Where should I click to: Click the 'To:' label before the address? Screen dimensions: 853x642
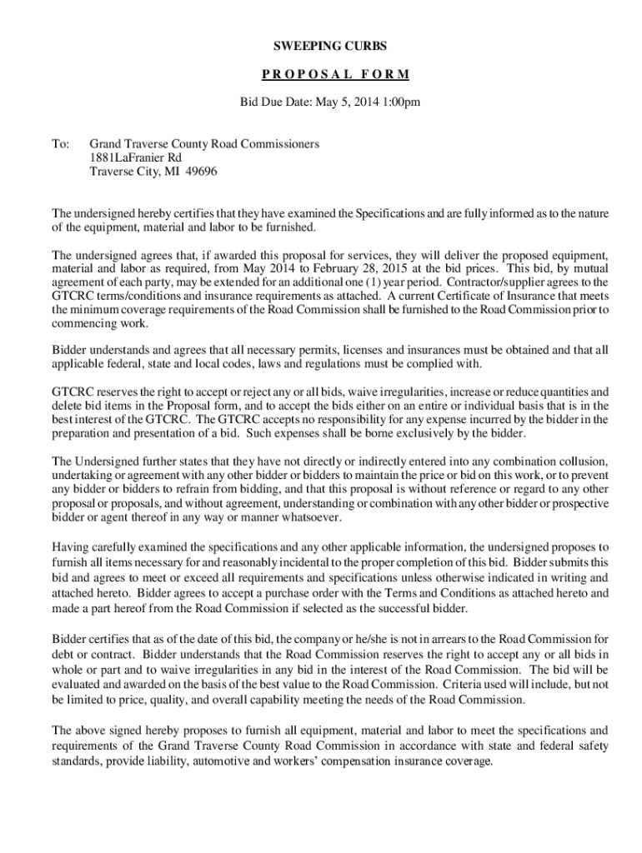[60, 144]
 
